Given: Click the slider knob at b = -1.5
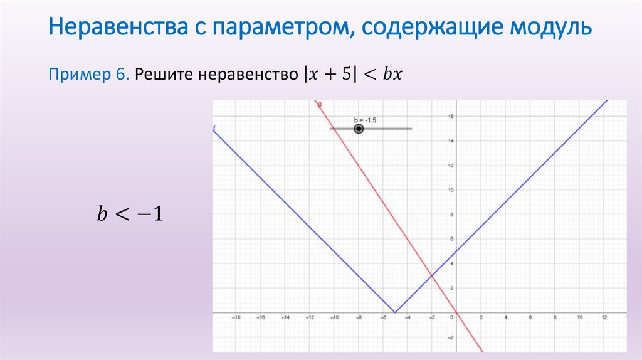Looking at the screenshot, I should click(x=359, y=129).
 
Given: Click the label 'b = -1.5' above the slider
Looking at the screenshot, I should click(x=364, y=119).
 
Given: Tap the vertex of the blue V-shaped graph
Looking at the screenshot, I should click(x=395, y=312).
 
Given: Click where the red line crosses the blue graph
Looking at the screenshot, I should click(x=431, y=275).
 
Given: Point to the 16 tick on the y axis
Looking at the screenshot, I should click(x=451, y=116).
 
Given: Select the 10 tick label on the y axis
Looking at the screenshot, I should click(x=451, y=189).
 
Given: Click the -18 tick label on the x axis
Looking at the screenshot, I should click(x=236, y=318).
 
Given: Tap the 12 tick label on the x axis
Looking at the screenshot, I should click(x=604, y=318).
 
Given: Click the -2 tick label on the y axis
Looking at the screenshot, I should click(x=450, y=337).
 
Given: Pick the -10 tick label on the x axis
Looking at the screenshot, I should click(x=334, y=318).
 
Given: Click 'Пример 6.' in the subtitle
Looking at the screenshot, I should click(x=88, y=74).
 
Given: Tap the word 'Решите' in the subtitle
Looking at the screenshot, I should click(x=164, y=74).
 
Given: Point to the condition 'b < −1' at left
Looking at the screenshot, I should click(x=130, y=214).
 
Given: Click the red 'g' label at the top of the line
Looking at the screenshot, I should click(x=320, y=103).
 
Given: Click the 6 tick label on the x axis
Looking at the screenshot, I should click(x=530, y=318).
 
